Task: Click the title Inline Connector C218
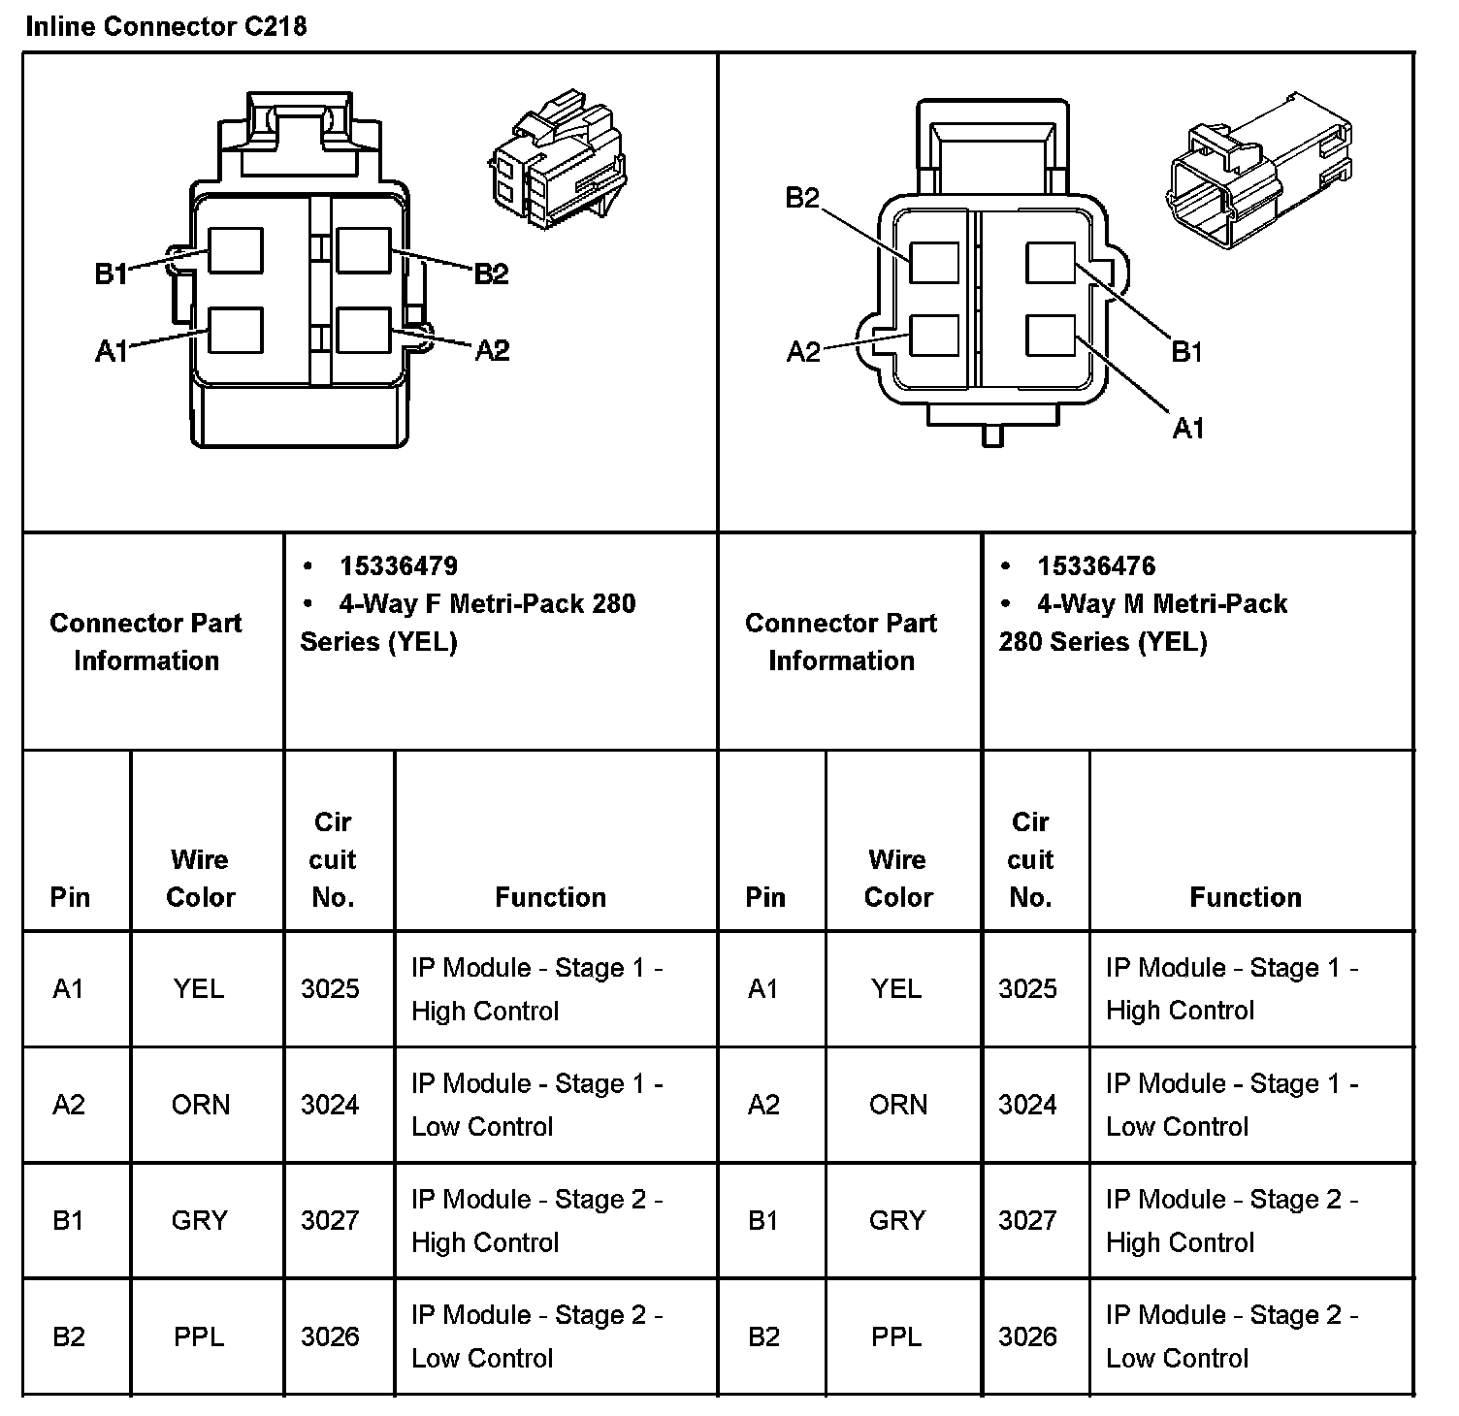(166, 26)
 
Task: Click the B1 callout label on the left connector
(111, 274)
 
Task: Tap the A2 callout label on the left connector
(492, 350)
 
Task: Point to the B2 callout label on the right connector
(802, 199)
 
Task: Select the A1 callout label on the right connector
(1188, 428)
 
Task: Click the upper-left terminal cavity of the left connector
(236, 250)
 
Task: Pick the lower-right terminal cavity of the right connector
(1051, 336)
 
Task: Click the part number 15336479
(398, 565)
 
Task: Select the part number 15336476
(1096, 565)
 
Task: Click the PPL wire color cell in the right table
(896, 1337)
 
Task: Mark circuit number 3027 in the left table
(330, 1220)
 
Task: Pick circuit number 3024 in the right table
(1027, 1105)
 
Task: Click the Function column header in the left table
(550, 897)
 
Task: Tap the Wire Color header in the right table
(898, 878)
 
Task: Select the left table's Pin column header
(70, 897)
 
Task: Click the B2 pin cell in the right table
(764, 1337)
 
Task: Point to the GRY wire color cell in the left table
(199, 1220)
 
